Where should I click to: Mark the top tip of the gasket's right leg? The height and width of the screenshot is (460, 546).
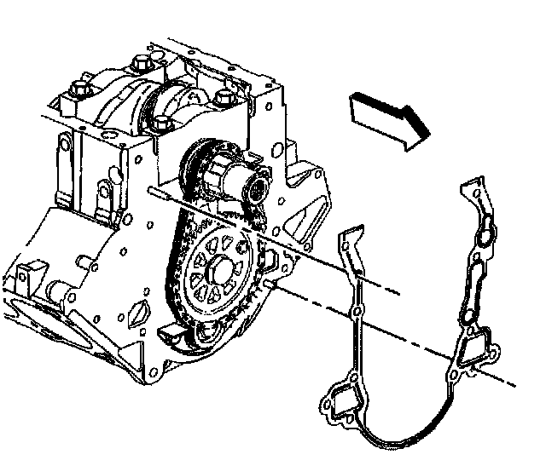(474, 183)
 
